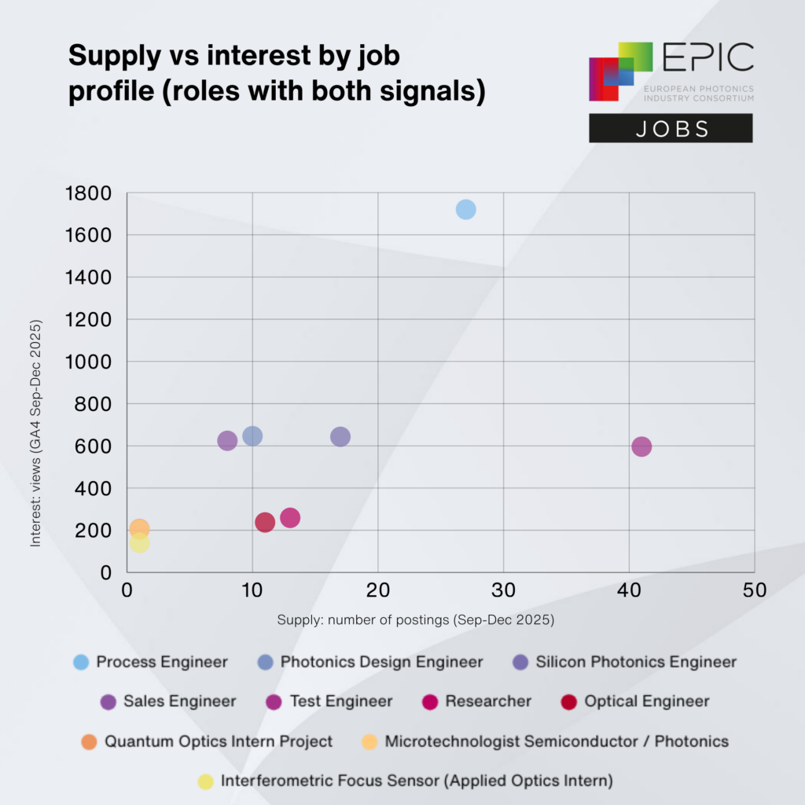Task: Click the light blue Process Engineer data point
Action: point(465,209)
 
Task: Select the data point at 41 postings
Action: point(641,447)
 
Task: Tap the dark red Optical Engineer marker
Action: point(265,522)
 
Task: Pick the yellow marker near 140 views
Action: point(139,542)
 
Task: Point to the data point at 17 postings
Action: point(340,436)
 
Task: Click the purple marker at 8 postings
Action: point(227,440)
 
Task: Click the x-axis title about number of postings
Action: point(416,619)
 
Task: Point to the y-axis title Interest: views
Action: point(35,432)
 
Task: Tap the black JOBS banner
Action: point(671,128)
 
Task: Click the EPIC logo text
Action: point(708,58)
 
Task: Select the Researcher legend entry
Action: point(488,701)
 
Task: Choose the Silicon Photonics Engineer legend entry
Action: point(636,662)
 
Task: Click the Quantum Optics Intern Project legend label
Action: point(219,741)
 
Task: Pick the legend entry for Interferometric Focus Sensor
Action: point(416,781)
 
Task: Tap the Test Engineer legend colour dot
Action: point(274,701)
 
